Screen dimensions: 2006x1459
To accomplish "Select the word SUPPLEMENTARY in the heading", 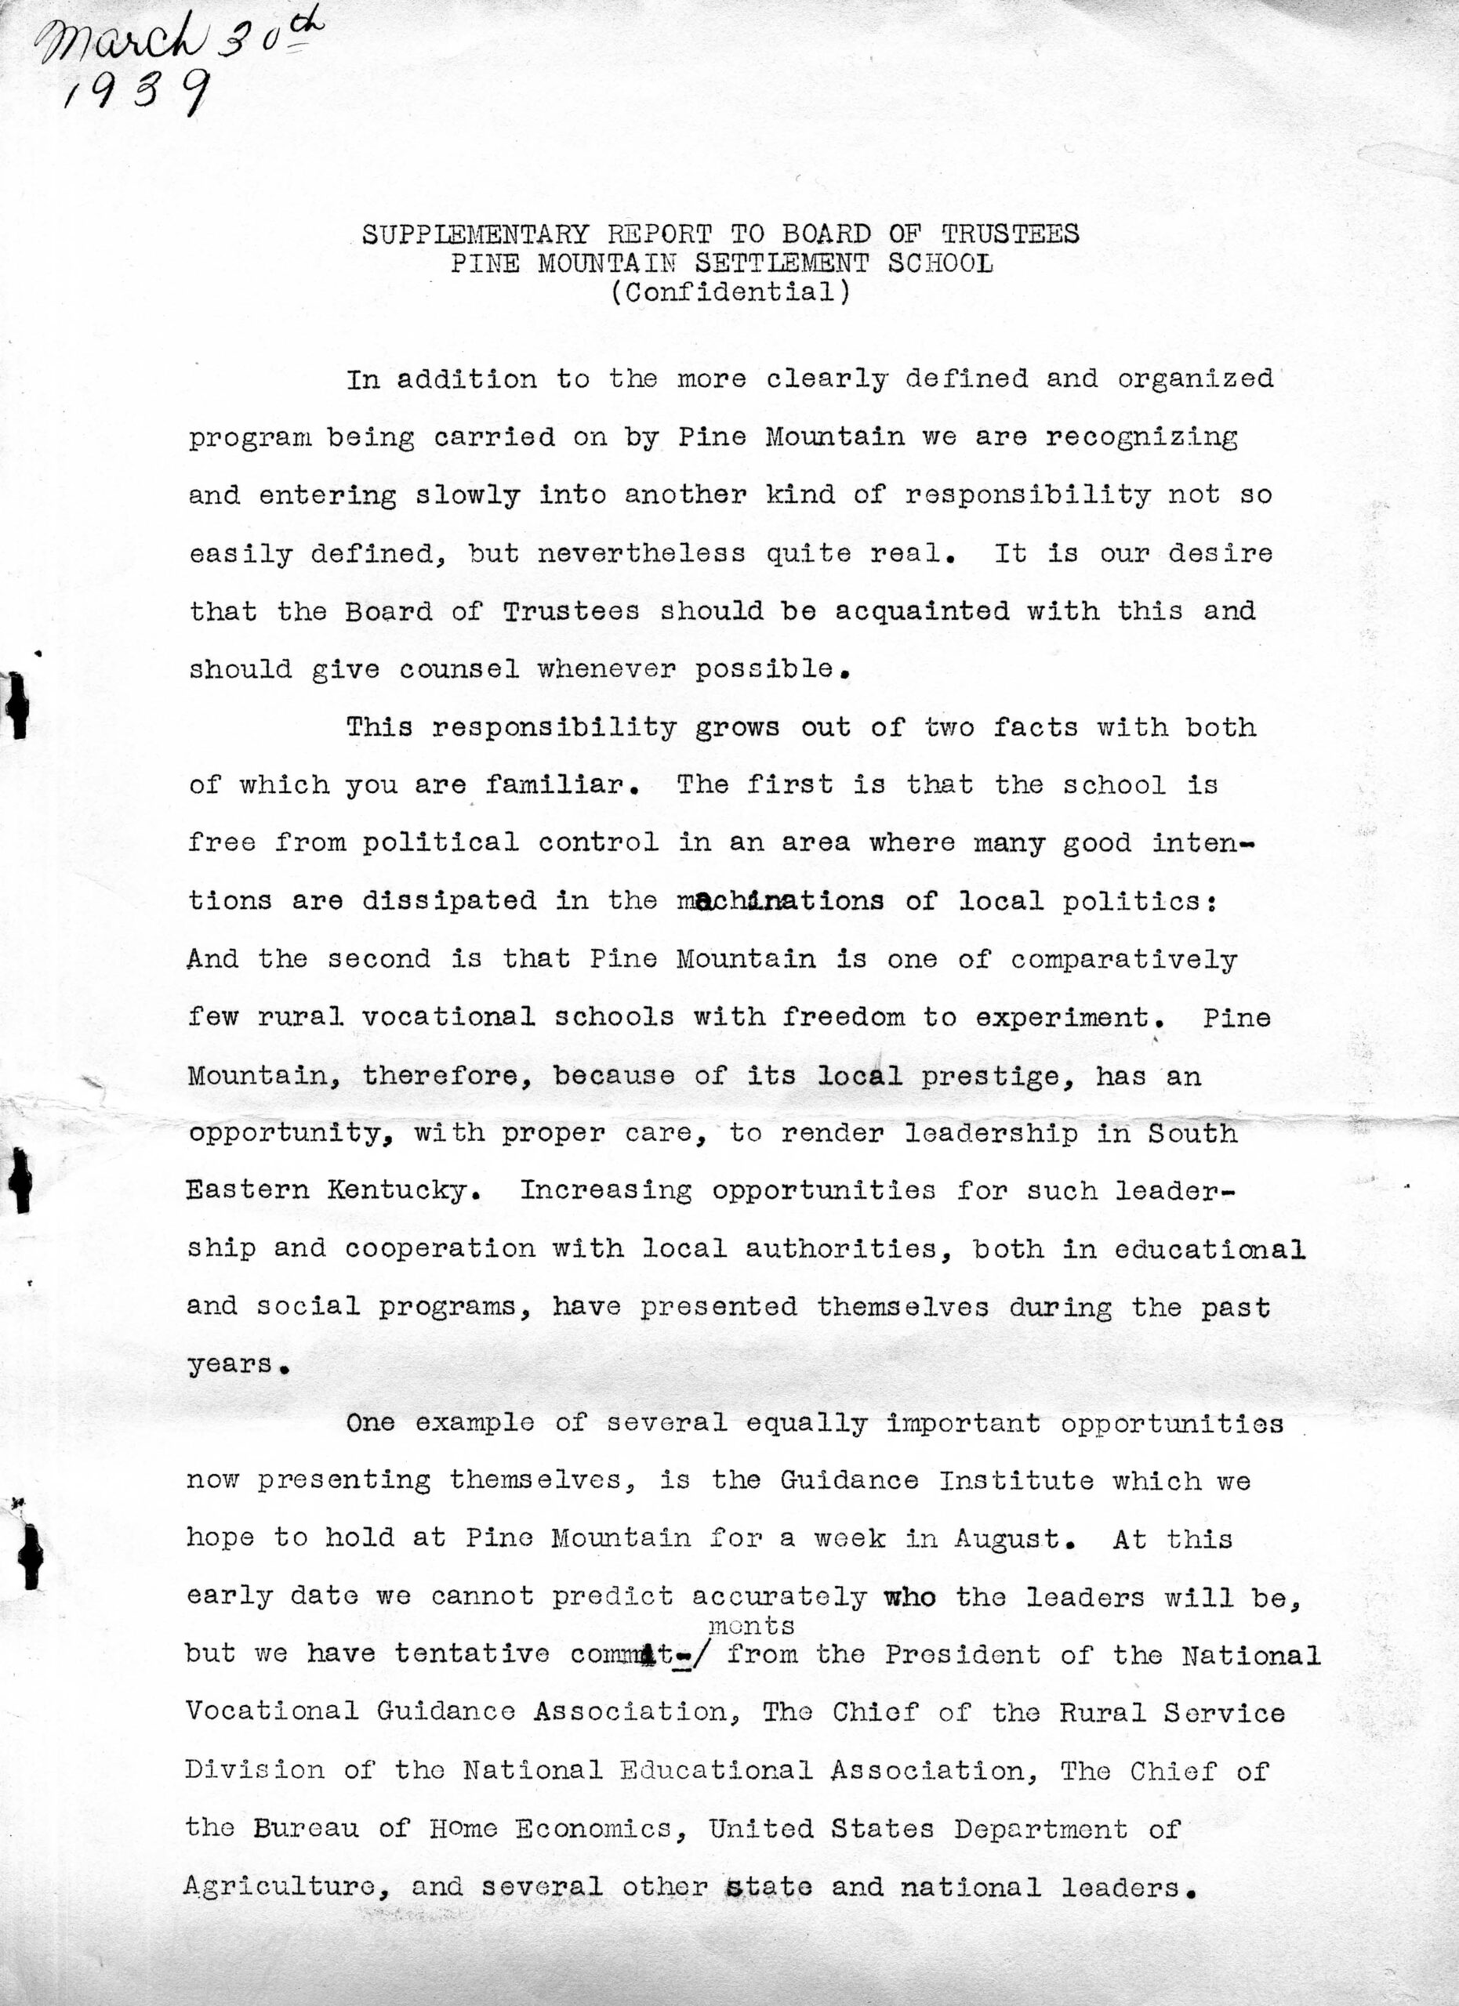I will point(474,234).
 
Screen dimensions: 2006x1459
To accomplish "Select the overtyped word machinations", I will point(779,900).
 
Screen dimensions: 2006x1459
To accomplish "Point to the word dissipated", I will point(448,900).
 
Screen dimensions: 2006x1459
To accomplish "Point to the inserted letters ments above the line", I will point(751,1625).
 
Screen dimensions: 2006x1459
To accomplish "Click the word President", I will point(962,1654).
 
